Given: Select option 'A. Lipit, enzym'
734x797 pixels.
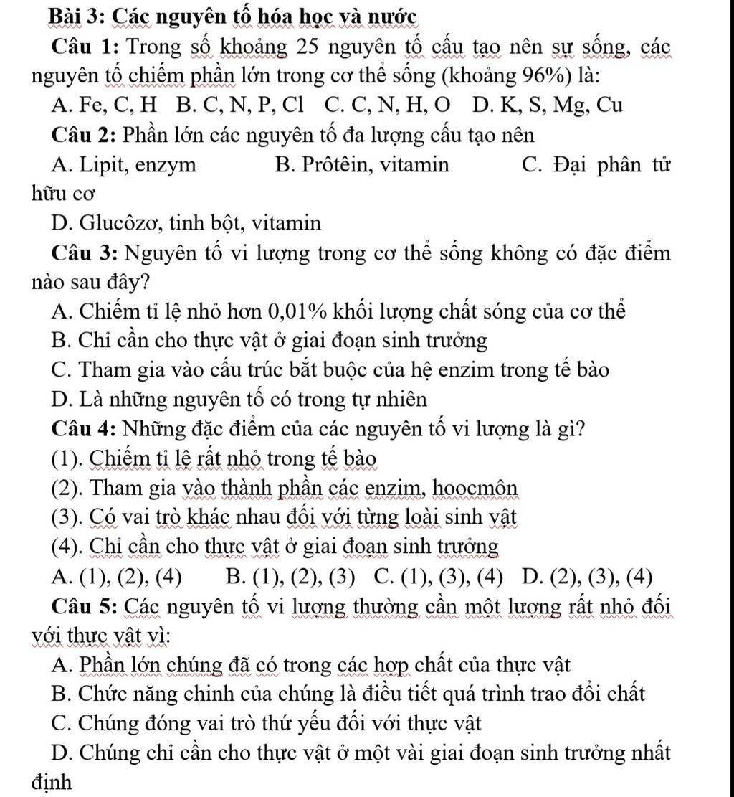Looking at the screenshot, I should (x=124, y=165).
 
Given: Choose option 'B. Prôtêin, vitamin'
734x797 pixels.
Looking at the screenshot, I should (x=363, y=165).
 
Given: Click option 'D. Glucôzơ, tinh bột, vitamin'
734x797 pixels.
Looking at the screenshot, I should (x=186, y=223).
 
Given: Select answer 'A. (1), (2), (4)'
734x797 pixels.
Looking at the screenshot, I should (x=118, y=576).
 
